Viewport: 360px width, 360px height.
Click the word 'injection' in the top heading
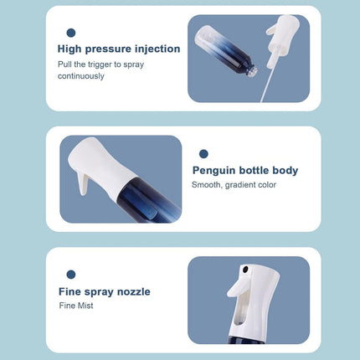157,49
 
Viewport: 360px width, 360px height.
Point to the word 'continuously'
81,76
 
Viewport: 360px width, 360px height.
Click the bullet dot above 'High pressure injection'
71,33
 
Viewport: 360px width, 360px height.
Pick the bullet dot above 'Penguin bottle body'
203,153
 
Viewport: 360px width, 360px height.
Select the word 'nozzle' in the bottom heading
133,291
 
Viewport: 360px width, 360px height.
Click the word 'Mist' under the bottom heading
85,306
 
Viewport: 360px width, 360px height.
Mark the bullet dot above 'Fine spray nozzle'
71,275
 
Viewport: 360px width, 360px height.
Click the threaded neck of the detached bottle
252,72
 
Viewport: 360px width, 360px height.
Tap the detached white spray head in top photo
281,34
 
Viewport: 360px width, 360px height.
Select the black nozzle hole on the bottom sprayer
245,270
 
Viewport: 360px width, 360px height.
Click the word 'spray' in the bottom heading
99,292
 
